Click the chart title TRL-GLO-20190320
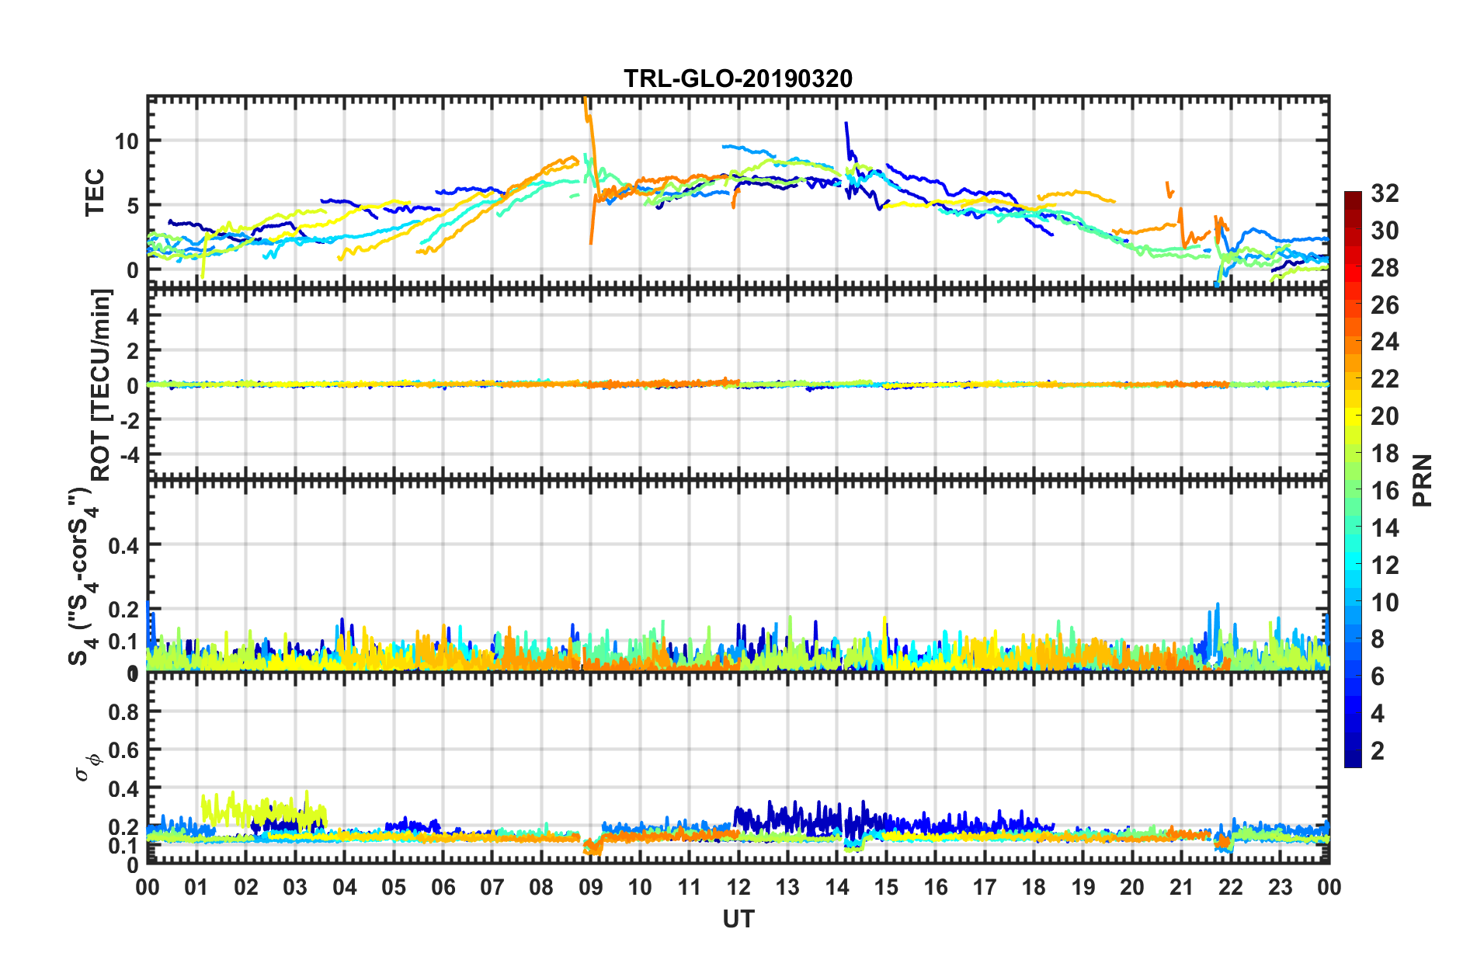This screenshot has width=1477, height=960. (x=738, y=78)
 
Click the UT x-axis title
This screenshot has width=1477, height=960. (x=738, y=919)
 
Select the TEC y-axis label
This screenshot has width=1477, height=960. (x=95, y=193)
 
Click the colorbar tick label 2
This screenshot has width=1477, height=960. (x=1378, y=750)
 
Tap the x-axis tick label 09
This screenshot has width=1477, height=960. (x=590, y=887)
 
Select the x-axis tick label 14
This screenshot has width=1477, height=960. (x=836, y=887)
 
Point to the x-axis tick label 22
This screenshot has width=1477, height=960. (x=1230, y=887)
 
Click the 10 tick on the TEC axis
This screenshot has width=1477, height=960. (x=127, y=141)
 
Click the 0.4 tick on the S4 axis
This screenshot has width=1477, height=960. (x=123, y=545)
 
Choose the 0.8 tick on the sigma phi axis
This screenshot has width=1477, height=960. (x=123, y=712)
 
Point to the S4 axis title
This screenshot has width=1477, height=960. (x=82, y=576)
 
